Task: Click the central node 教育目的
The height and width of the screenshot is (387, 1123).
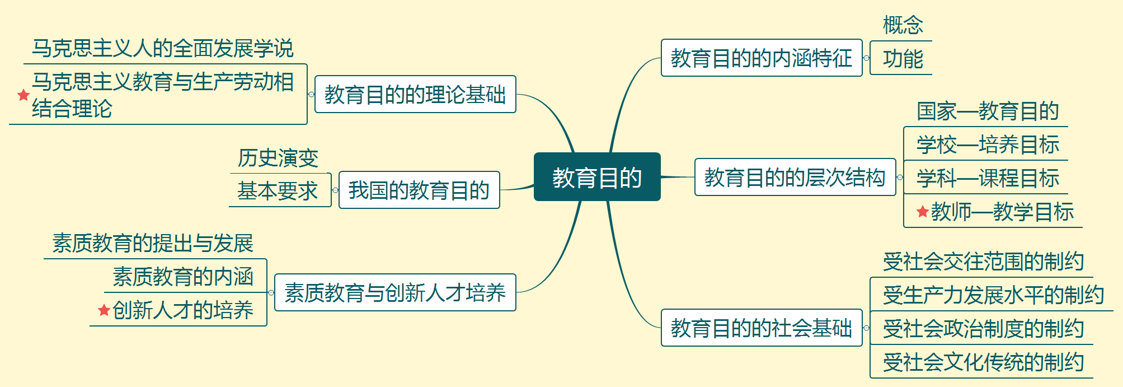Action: (x=597, y=177)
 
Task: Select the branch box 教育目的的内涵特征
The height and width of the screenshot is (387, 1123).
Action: (x=761, y=58)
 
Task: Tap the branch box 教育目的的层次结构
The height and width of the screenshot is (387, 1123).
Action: (x=795, y=177)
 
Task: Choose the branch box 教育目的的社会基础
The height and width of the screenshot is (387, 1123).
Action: (x=761, y=328)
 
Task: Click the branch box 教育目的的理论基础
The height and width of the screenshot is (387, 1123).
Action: (x=415, y=94)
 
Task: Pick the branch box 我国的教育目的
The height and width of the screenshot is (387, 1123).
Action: (x=419, y=190)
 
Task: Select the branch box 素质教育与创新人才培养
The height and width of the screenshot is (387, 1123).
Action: (x=394, y=292)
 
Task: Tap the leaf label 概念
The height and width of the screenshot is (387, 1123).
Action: (x=903, y=25)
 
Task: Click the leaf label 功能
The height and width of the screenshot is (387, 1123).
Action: (x=903, y=58)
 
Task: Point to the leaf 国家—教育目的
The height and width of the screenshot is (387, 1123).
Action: (x=988, y=111)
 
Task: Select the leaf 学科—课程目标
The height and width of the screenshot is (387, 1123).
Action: (x=988, y=178)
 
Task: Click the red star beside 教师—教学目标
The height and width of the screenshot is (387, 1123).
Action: (x=923, y=212)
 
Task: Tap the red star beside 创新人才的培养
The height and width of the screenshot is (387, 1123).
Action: (x=104, y=310)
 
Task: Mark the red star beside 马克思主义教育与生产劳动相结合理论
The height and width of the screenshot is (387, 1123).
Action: (x=24, y=95)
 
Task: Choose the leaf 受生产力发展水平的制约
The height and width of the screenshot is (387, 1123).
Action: (x=993, y=295)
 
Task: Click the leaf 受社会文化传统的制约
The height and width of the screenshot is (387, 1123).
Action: (x=983, y=362)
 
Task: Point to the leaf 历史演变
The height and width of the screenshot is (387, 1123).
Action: (x=278, y=158)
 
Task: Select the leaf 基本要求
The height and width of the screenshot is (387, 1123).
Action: (x=278, y=191)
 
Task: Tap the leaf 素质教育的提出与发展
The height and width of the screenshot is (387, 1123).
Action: (x=153, y=243)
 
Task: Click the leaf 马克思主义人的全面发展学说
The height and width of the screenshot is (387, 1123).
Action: (x=162, y=48)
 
